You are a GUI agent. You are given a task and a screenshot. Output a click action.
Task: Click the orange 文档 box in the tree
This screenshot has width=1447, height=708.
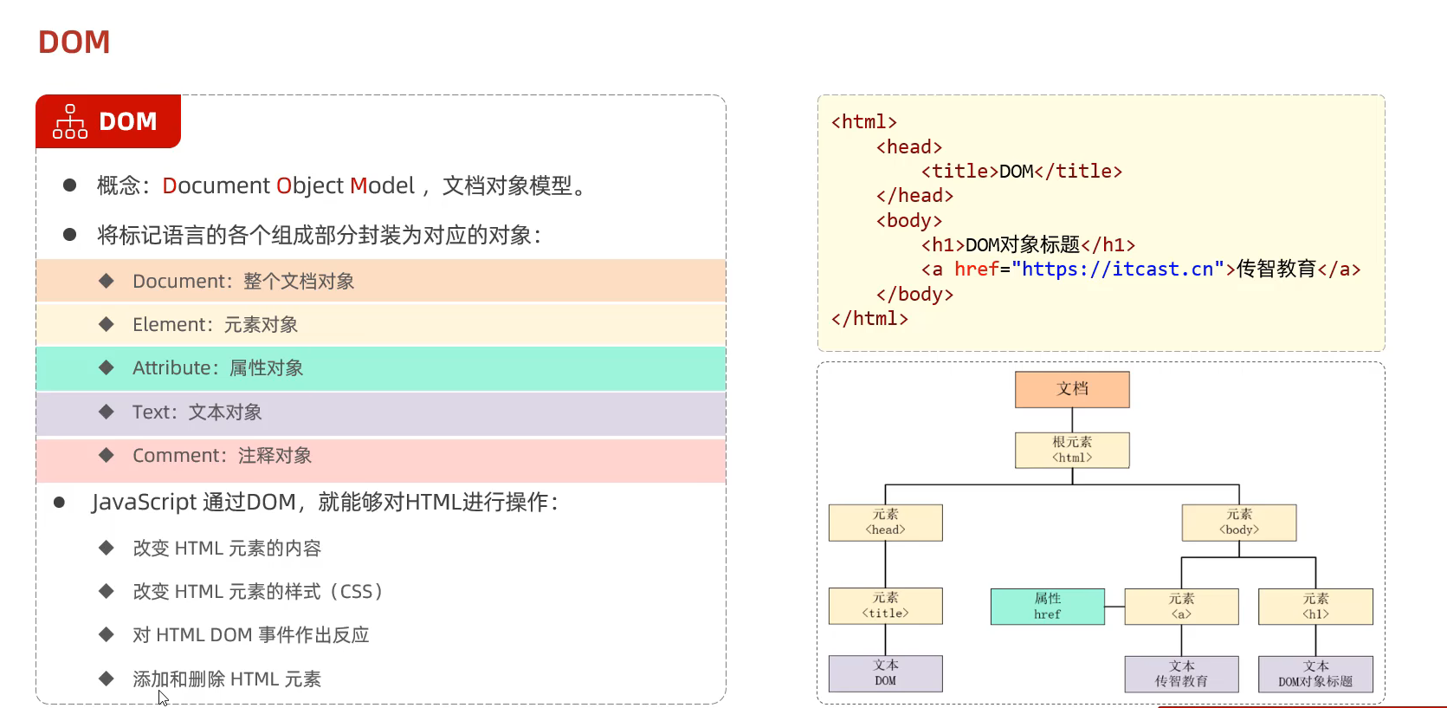1072,389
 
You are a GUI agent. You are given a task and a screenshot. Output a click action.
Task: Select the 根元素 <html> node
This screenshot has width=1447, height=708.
1072,450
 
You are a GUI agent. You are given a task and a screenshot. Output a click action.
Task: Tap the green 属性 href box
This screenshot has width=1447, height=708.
1047,607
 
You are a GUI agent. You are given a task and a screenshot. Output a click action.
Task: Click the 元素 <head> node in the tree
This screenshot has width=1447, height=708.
885,523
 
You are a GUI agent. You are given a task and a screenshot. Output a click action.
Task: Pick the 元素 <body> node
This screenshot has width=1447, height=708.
1238,523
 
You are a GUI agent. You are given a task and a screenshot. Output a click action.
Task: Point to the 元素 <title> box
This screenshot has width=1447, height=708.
885,606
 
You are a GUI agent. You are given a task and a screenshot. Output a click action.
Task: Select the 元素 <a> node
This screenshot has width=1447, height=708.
1181,607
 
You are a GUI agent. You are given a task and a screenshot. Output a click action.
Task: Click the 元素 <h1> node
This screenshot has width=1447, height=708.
1315,607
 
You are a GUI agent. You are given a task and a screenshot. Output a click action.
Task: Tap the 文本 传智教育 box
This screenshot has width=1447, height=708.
1181,673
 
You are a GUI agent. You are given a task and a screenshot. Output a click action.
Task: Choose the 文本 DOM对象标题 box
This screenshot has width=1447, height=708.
1315,673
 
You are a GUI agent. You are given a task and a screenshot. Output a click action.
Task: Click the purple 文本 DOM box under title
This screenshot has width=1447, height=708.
885,673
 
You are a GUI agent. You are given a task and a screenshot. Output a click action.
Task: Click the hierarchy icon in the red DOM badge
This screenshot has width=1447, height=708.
70,121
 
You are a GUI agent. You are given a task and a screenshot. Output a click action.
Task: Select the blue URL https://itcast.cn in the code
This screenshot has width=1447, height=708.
1118,270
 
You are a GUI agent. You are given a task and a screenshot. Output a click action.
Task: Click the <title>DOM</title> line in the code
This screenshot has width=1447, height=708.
1022,172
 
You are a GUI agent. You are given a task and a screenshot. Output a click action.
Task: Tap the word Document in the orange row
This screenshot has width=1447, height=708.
180,282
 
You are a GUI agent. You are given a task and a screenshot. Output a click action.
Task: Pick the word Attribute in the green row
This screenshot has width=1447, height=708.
170,368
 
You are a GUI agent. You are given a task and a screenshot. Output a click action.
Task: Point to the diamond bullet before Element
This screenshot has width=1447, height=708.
107,324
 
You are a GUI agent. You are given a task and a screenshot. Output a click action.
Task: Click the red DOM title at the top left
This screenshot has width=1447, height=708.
74,42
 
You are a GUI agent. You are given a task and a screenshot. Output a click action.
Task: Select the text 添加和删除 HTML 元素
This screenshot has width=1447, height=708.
227,679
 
